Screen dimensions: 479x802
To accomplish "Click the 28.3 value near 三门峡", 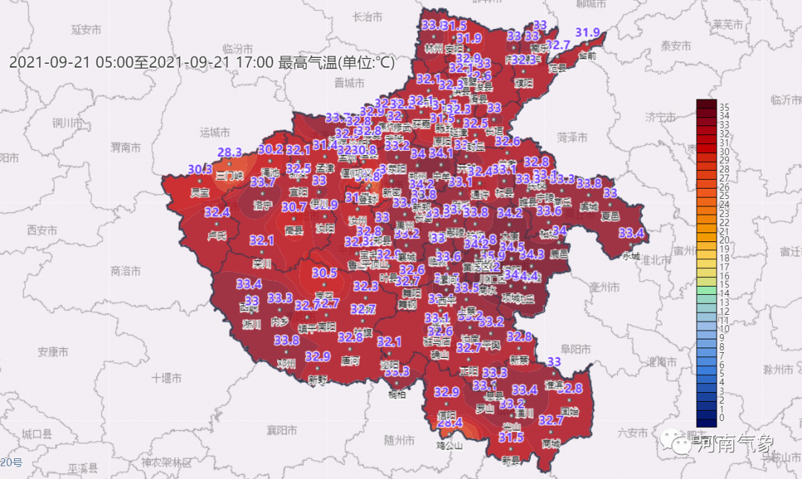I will (229, 152).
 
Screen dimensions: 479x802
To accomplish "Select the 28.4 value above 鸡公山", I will (450, 423).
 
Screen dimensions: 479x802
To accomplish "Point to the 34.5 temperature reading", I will (512, 246).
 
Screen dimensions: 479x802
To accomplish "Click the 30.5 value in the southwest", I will (325, 273).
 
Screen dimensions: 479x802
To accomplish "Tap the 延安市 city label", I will (86, 30).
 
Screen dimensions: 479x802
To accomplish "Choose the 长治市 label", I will (368, 16).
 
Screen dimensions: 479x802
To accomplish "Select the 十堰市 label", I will (166, 378).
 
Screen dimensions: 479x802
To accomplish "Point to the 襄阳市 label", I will (282, 430).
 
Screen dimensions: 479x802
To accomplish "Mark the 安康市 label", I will (53, 351).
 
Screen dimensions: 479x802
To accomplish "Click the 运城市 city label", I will (216, 133).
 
